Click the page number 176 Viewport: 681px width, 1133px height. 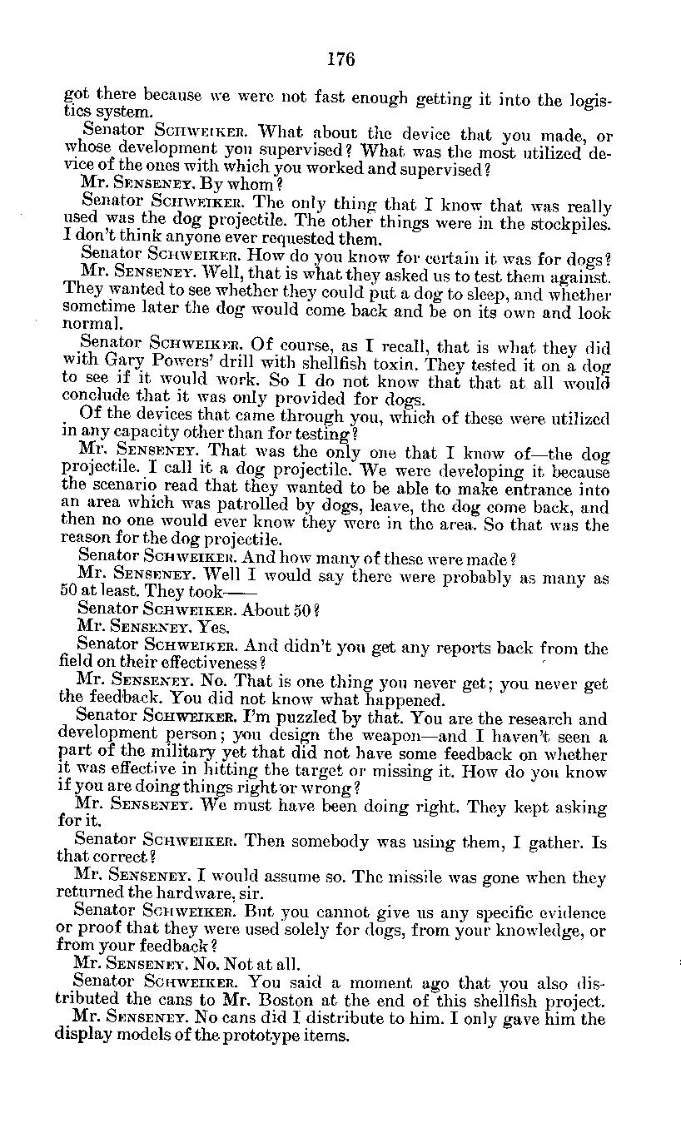pos(340,59)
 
